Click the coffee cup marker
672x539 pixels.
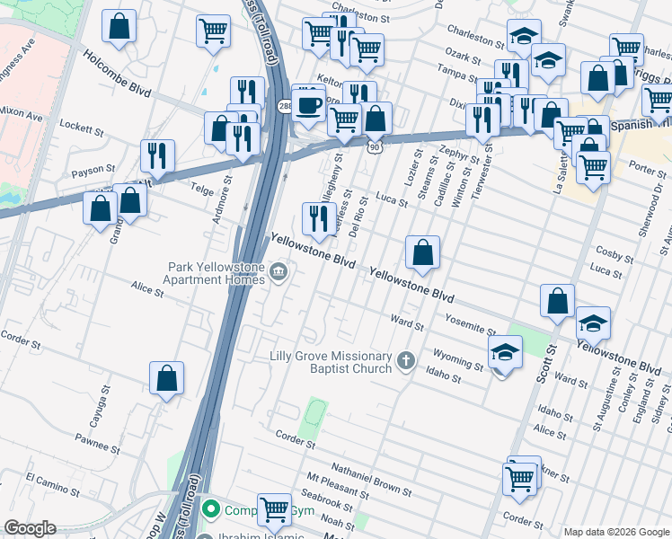309,105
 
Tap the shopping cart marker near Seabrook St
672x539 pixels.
274,508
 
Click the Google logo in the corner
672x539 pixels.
31,528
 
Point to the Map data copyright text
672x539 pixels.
616,532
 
